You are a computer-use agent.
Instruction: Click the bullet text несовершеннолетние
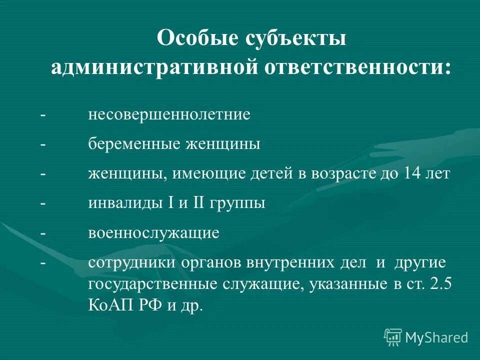click(169, 115)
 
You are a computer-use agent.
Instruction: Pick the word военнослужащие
click(154, 233)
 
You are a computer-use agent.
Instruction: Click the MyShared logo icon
click(393, 337)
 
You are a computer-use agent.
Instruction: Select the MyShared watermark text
click(436, 338)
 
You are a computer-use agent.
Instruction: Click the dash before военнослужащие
click(43, 233)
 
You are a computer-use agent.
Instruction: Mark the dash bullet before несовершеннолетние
click(43, 115)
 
